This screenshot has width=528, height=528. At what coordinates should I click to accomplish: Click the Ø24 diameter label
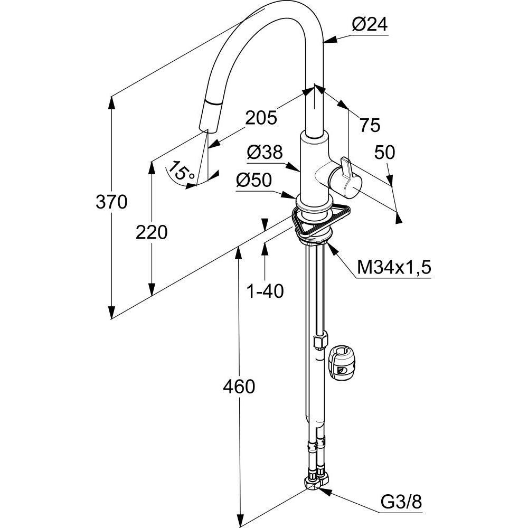pyautogui.click(x=370, y=25)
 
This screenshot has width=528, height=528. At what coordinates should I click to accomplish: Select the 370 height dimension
pyautogui.click(x=111, y=202)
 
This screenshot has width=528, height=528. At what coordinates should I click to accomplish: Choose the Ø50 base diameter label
pyautogui.click(x=253, y=181)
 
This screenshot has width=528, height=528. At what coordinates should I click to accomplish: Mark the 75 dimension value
pyautogui.click(x=369, y=125)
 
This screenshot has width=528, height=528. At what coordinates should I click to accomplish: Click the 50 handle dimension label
pyautogui.click(x=384, y=153)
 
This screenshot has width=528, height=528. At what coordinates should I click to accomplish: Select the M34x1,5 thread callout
pyautogui.click(x=394, y=268)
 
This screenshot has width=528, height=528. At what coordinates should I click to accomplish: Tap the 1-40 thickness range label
pyautogui.click(x=266, y=290)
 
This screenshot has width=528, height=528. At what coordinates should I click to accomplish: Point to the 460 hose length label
pyautogui.click(x=239, y=387)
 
